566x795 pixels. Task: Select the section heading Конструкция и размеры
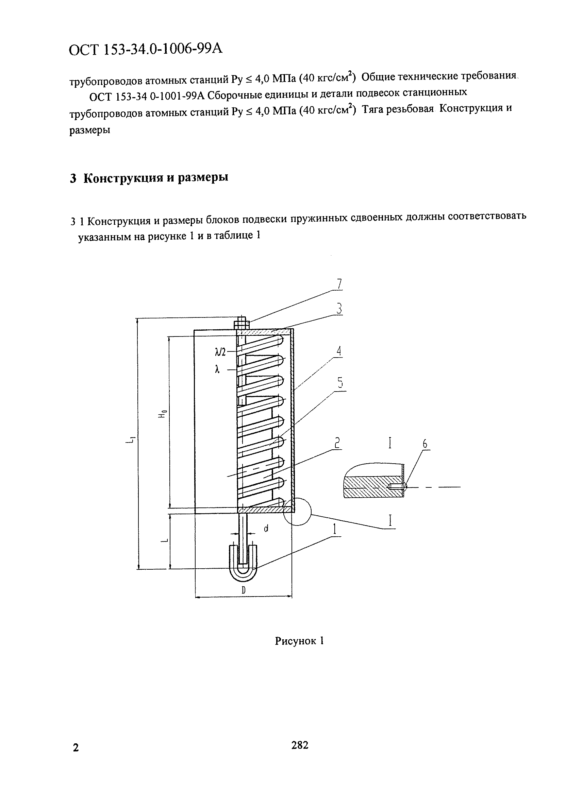149,178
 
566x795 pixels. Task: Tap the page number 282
300,745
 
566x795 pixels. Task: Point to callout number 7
339,284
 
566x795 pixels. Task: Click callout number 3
339,309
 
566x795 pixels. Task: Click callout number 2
337,443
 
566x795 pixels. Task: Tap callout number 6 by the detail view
424,444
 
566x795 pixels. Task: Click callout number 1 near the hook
335,529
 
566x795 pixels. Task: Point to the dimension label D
244,590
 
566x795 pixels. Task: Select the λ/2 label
220,352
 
